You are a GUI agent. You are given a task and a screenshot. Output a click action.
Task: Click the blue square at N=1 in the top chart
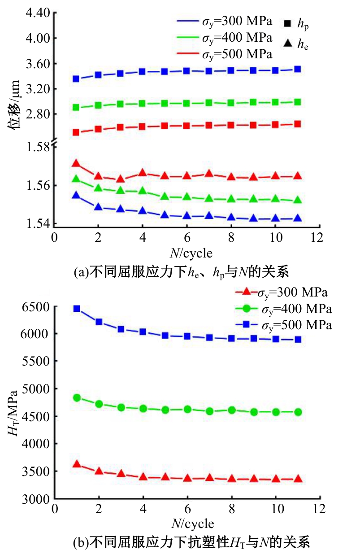coord(76,79)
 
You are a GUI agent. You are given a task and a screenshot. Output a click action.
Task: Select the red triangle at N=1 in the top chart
coord(76,163)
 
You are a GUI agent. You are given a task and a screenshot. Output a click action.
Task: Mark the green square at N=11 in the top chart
coord(297,102)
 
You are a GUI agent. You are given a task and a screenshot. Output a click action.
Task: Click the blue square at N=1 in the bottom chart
coord(77,309)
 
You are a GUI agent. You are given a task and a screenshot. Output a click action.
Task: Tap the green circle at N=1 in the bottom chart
coord(77,397)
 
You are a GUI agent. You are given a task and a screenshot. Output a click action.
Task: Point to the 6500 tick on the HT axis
coord(35,307)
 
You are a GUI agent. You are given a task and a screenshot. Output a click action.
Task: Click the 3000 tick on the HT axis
coord(35,498)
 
